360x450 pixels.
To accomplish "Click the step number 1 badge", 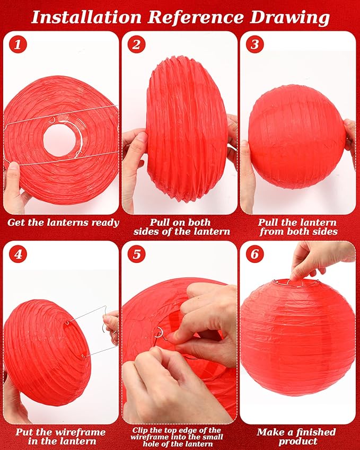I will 18,45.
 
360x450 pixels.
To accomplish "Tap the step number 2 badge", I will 137,45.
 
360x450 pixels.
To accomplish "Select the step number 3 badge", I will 255,45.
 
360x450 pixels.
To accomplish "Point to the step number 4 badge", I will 18,254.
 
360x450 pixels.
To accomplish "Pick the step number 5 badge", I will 137,254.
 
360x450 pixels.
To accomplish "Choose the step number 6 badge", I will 255,254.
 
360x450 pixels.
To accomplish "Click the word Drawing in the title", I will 290,17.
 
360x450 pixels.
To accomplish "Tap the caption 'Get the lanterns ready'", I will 63,222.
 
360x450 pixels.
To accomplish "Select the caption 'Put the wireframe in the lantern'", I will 60,436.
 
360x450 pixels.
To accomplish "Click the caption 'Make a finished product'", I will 296,436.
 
